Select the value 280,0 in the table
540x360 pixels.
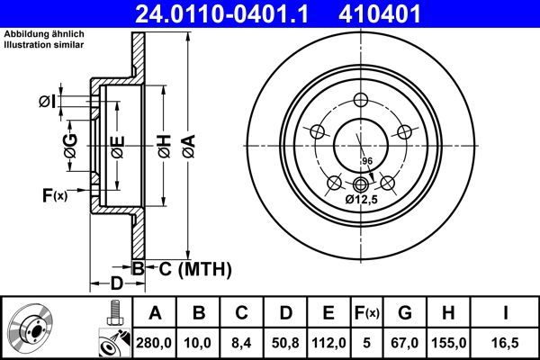(x=155, y=341)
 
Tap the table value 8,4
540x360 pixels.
(x=241, y=341)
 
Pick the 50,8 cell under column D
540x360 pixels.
(x=284, y=341)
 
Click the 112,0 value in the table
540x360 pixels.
(x=328, y=341)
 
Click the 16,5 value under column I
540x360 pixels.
(x=506, y=341)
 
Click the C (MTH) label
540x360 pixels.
(x=190, y=268)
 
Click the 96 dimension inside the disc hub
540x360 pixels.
(x=366, y=161)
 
